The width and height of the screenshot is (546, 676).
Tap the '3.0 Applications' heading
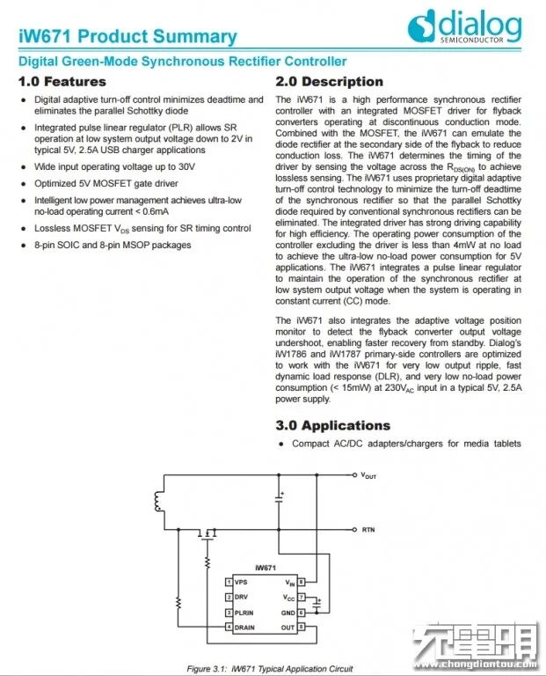332,425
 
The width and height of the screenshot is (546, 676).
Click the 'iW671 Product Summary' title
128,36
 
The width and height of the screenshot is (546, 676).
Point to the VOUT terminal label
368,475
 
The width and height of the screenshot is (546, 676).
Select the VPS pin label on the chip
241,583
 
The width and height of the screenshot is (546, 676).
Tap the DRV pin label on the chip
242,598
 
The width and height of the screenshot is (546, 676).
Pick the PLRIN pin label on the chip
244,613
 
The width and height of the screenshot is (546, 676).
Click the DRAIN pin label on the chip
245,627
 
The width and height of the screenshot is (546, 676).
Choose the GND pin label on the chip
287,613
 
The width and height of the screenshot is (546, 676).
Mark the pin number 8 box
302,583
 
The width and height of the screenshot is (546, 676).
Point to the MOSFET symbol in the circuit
208,533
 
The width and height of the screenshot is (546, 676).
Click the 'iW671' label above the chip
265,568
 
